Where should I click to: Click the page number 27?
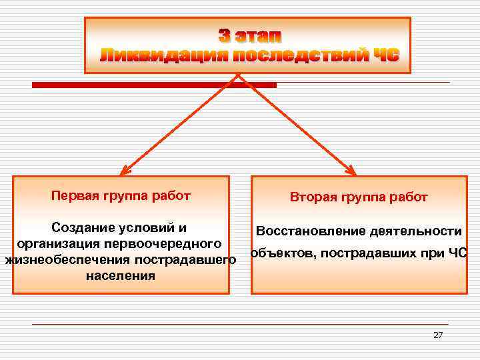(x=437, y=335)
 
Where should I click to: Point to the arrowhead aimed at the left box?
(x=125, y=171)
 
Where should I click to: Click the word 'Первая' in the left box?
(x=75, y=196)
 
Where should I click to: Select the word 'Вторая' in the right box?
(x=313, y=197)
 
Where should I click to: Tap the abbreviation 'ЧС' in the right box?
(x=457, y=253)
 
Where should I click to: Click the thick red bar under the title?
(x=154, y=85)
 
